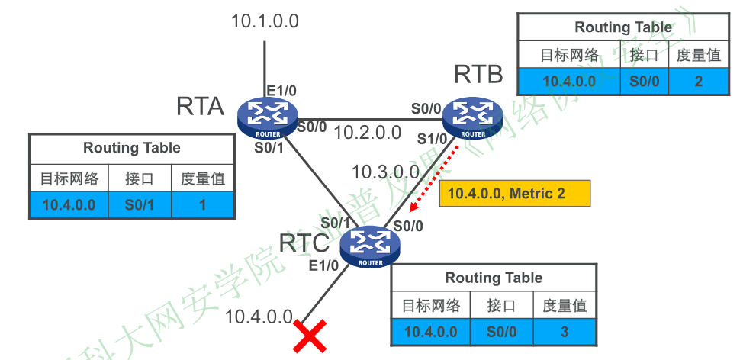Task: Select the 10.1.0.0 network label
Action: click(265, 21)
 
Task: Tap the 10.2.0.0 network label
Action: click(367, 132)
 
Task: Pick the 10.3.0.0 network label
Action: click(385, 172)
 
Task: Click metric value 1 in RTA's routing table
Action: click(203, 204)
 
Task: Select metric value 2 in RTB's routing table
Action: click(699, 80)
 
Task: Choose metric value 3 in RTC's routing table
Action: click(565, 331)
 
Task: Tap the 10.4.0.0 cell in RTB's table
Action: click(568, 80)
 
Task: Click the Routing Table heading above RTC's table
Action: click(494, 278)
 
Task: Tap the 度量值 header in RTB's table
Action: click(699, 55)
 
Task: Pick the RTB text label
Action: click(478, 75)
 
